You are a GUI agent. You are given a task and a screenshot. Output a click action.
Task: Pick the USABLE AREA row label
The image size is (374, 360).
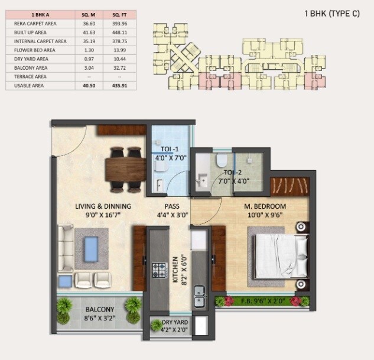(26, 86)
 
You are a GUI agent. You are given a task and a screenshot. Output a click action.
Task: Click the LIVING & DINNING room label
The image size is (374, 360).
(103, 206)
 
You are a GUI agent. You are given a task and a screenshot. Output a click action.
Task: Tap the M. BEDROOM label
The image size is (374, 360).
(265, 206)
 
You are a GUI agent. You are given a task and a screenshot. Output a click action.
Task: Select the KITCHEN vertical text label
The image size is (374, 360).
(175, 270)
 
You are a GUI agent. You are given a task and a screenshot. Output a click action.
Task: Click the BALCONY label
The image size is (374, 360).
(99, 309)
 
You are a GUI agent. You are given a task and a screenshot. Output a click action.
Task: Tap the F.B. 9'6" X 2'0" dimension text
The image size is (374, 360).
(262, 301)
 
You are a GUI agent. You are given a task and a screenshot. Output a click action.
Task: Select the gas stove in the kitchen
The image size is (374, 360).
(159, 270)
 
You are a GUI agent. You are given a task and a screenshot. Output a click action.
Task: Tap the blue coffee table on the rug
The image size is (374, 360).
(90, 244)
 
